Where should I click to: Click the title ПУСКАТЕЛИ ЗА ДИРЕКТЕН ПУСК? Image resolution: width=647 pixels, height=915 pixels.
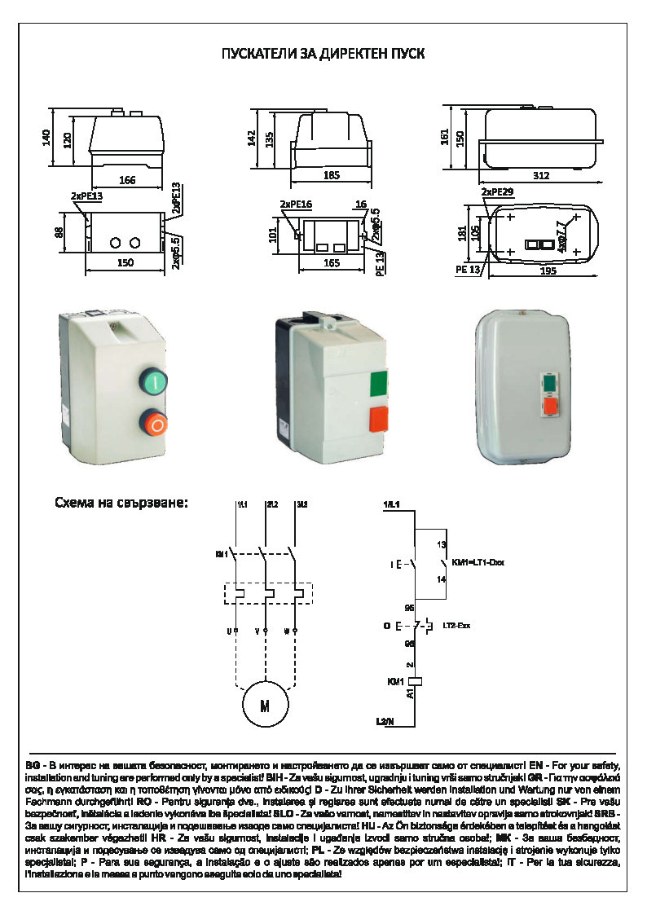[x=323, y=54]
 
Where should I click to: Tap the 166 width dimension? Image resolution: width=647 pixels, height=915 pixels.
[x=126, y=180]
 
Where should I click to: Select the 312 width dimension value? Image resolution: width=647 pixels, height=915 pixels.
[x=541, y=175]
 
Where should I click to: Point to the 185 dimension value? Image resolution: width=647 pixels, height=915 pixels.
[x=331, y=174]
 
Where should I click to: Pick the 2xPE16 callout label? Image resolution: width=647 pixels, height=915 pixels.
[x=296, y=204]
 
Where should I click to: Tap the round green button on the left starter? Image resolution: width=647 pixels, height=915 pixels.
[x=153, y=381]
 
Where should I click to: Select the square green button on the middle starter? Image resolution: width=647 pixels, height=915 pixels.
[x=379, y=382]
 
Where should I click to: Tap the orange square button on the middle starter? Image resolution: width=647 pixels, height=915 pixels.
[x=379, y=420]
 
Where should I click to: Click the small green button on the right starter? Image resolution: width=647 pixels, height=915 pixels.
[x=549, y=381]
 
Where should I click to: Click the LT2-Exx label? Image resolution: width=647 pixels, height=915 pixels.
[x=457, y=626]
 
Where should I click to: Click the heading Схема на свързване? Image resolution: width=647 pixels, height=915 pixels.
[x=121, y=502]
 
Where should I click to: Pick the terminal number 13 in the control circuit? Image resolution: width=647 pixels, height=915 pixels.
[x=442, y=543]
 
